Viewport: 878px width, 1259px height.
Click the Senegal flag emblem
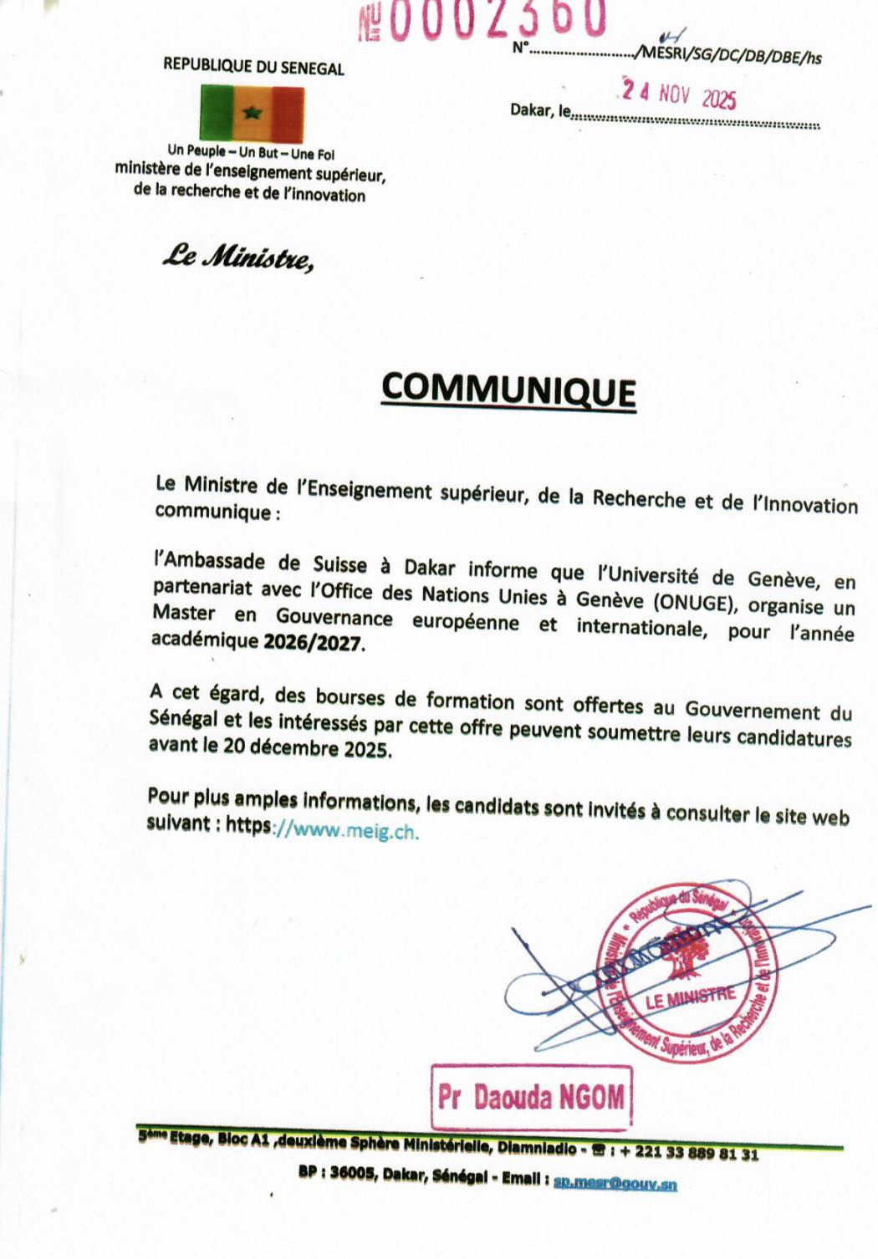252,113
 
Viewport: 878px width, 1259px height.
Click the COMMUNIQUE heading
508,390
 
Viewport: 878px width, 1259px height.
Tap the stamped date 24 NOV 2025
679,95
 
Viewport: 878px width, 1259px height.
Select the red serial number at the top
482,20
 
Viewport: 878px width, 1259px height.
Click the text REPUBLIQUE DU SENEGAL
253,67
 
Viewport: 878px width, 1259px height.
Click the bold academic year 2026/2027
314,643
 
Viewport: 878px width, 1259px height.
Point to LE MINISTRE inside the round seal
691,996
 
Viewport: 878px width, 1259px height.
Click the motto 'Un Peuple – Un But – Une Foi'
251,153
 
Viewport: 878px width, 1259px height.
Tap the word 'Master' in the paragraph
183,613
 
